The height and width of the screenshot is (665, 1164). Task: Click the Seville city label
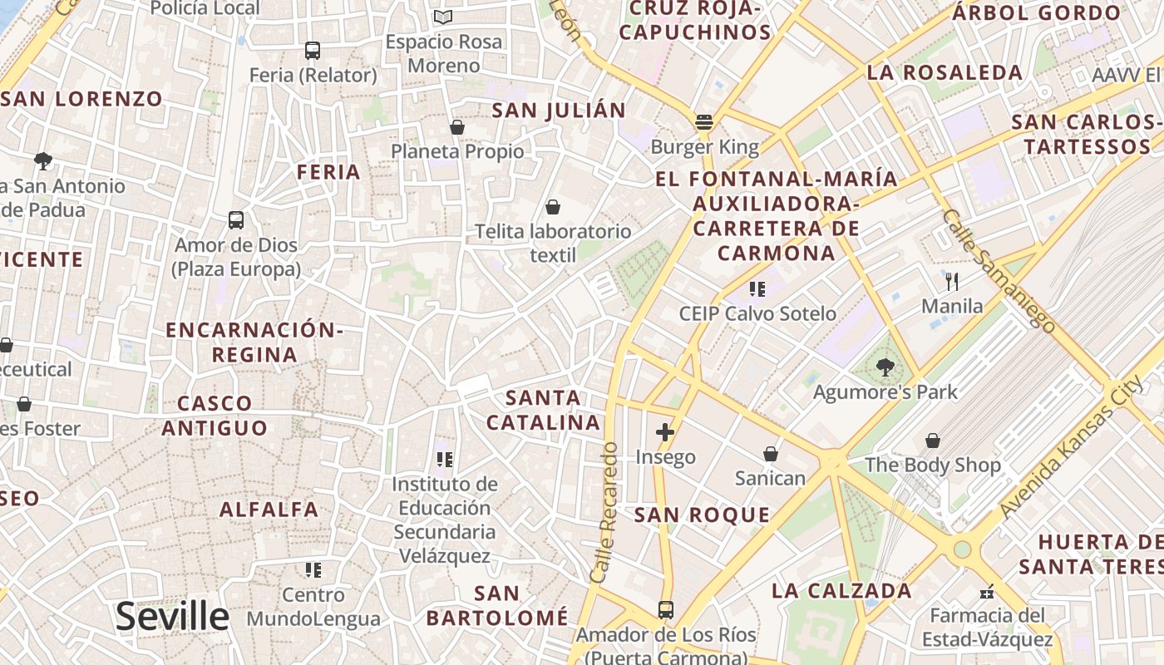click(x=172, y=616)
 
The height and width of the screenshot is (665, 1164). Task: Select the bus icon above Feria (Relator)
click(x=313, y=51)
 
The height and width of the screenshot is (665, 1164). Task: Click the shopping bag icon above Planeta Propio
click(x=457, y=127)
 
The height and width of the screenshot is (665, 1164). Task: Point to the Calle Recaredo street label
click(x=604, y=511)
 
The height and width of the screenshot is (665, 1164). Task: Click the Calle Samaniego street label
click(x=998, y=270)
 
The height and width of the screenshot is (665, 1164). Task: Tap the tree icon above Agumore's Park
click(x=885, y=367)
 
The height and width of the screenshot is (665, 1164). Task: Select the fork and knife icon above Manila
click(x=952, y=281)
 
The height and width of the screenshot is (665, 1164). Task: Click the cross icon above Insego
click(x=664, y=432)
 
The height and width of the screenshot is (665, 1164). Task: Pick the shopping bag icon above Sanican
click(x=771, y=454)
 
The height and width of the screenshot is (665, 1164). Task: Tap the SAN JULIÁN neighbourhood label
click(x=559, y=111)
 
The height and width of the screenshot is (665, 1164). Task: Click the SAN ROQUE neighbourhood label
click(x=703, y=515)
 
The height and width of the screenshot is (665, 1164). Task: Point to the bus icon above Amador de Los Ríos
click(x=666, y=610)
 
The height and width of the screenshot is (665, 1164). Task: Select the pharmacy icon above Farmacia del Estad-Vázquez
click(x=987, y=592)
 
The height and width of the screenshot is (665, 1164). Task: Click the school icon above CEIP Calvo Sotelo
click(x=757, y=289)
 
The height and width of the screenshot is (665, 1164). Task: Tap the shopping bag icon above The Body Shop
click(x=933, y=440)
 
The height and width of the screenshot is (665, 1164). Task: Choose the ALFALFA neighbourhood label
click(x=269, y=510)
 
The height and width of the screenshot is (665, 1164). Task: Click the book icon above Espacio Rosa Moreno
click(x=444, y=17)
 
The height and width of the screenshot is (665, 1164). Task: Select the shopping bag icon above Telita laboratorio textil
click(x=553, y=207)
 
